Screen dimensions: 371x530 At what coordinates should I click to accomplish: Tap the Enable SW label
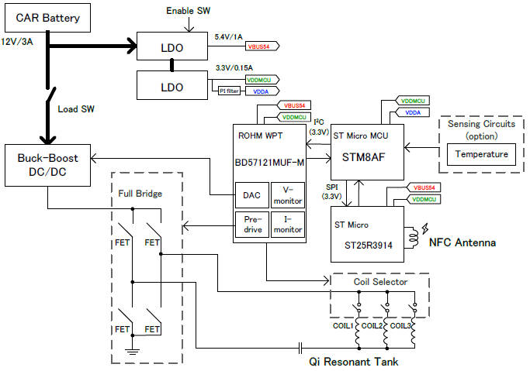coord(189,11)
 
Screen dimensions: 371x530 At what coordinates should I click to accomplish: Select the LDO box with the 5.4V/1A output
coord(171,46)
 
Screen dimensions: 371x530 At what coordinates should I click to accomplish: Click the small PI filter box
coord(228,91)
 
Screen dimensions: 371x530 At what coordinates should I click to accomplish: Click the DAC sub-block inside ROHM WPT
coord(251,195)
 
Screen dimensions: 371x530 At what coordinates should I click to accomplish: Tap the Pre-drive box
coord(251,225)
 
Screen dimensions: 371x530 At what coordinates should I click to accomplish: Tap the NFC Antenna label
coord(462,243)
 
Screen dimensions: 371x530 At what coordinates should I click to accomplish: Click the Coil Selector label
coord(378,283)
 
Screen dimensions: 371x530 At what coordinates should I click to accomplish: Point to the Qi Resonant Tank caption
coord(343,360)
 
